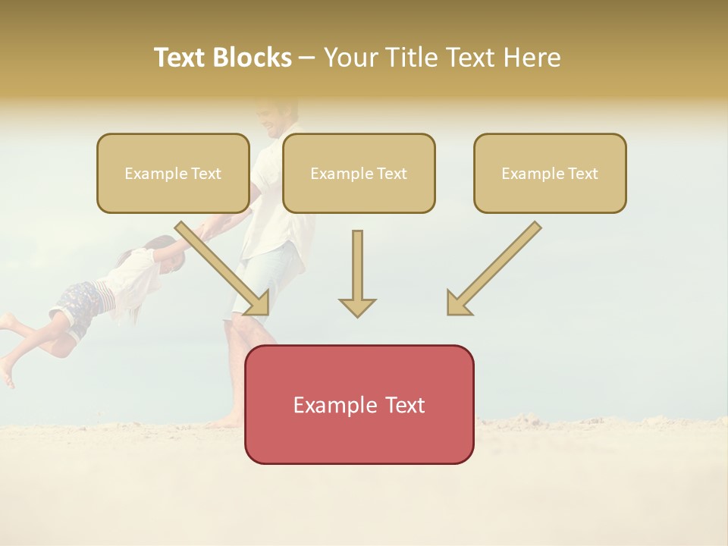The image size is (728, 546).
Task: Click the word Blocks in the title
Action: coord(251,58)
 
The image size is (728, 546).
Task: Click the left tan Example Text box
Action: coord(173,174)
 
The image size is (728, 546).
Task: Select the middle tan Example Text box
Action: coord(359,174)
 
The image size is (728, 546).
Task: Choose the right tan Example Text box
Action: coord(550,174)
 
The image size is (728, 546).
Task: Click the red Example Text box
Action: coord(359,404)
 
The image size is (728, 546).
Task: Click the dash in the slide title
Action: coord(307,58)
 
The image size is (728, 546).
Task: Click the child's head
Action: coord(168,254)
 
